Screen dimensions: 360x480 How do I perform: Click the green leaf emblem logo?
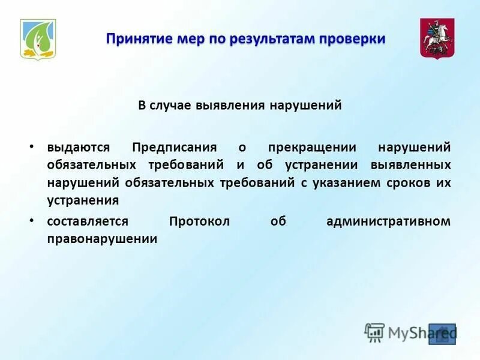pyautogui.click(x=38, y=39)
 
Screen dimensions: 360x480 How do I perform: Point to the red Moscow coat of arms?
pyautogui.click(x=437, y=38)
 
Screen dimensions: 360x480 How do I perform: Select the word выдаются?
pyautogui.click(x=78, y=147)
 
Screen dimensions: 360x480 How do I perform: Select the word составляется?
pyautogui.click(x=88, y=221)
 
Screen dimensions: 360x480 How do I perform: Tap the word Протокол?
pyautogui.click(x=199, y=221)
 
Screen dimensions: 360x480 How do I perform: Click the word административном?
pyautogui.click(x=388, y=221)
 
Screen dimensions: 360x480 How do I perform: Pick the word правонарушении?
pyautogui.click(x=102, y=238)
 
